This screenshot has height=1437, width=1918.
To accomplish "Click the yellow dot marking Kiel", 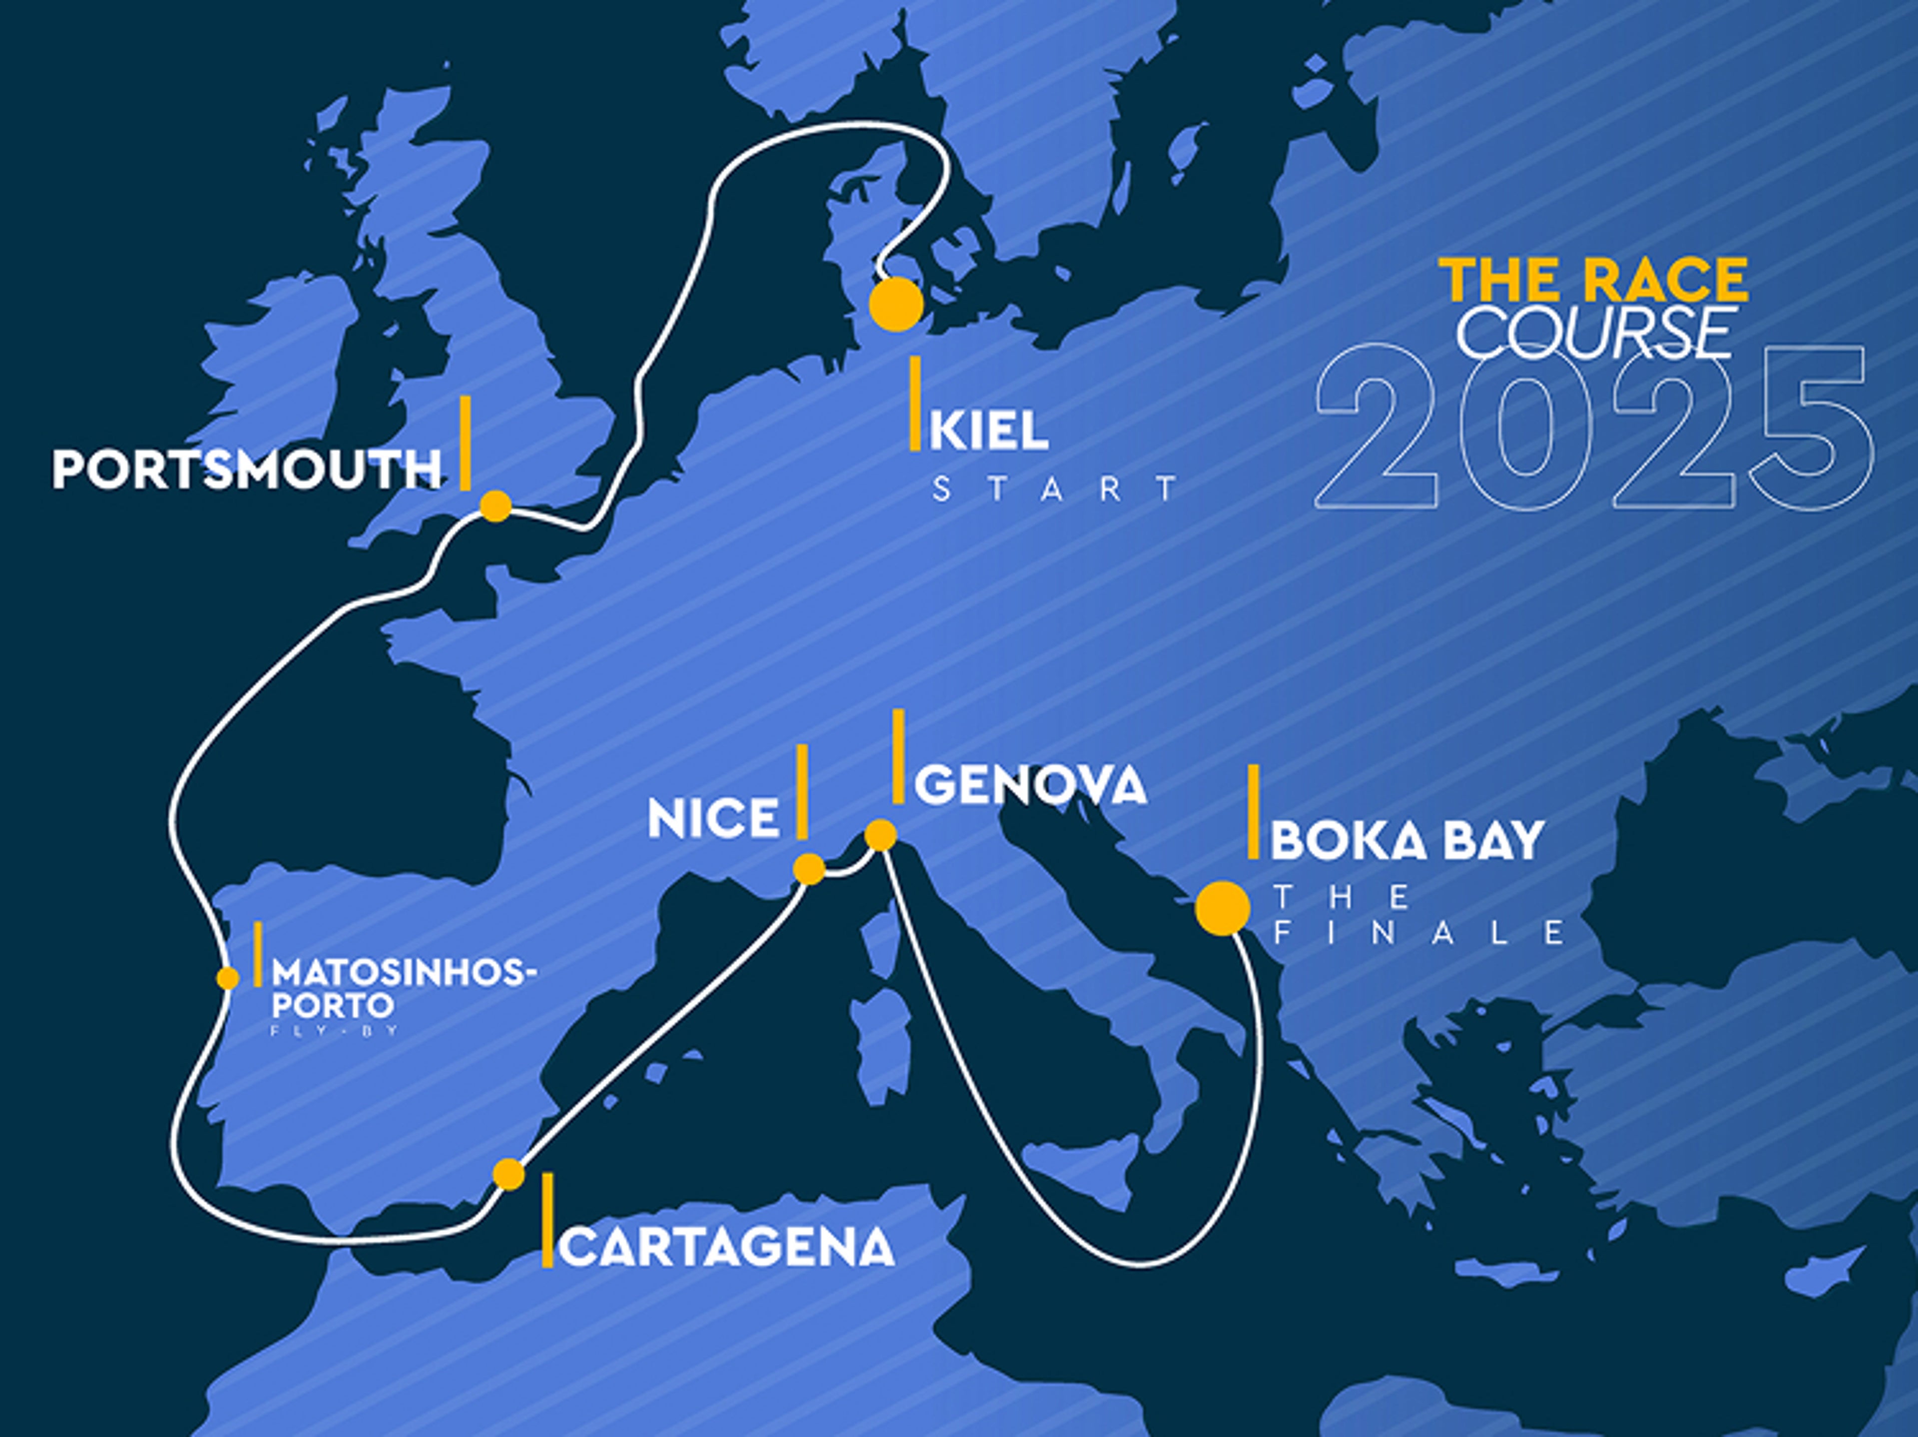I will point(896,304).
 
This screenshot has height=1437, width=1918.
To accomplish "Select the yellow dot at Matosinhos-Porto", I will point(227,978).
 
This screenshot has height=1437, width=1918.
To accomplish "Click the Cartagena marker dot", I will point(509,1174).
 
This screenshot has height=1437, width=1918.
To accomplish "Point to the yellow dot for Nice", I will point(809,869).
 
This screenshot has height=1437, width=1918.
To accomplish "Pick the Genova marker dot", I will point(880,835).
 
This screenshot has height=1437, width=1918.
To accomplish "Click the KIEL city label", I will point(988,431).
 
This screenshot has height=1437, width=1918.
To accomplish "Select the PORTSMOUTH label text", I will point(247,470).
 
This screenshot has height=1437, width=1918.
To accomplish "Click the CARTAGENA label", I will point(727,1248).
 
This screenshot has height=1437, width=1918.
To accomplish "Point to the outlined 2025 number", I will point(1594,427).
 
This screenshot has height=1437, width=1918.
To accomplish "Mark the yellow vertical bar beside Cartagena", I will point(547,1221).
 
